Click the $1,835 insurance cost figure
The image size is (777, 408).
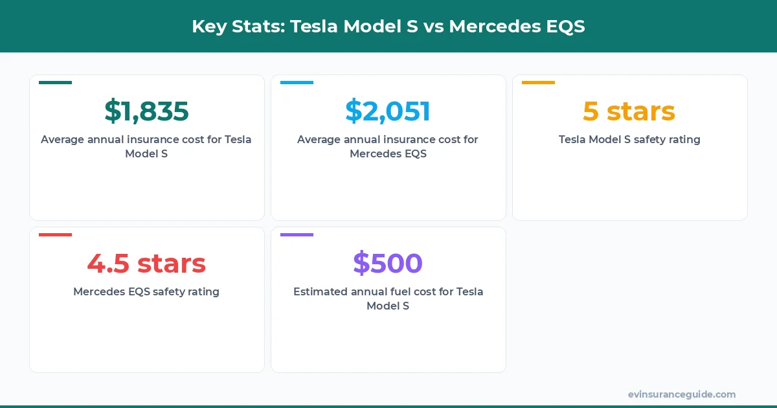pos(146,111)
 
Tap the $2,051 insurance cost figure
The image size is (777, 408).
pos(388,111)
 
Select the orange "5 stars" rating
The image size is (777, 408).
pos(629,111)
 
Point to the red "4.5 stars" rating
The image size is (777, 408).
pos(146,264)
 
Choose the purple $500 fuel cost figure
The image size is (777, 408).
pos(388,264)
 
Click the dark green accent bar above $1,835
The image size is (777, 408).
pos(55,82)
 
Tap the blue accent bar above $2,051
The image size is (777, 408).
pos(297,82)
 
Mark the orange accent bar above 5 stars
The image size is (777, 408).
pos(538,82)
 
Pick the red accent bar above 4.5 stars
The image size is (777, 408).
pos(55,234)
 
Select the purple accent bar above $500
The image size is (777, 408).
pos(297,234)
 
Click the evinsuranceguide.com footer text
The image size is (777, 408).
pos(681,394)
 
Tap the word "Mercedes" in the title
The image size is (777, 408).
pos(490,27)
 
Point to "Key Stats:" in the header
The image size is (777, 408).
pos(237,27)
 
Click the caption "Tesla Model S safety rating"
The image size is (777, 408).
pos(629,139)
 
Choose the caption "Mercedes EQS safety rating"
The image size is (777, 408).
pos(146,291)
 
